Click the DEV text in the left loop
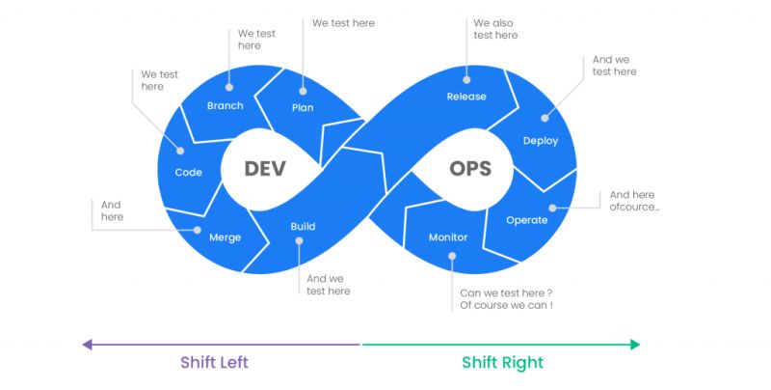(x=265, y=168)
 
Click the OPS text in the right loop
(x=470, y=168)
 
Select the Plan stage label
(x=303, y=107)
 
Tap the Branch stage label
(x=226, y=105)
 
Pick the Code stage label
(x=188, y=172)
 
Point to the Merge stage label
(x=226, y=237)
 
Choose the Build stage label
(x=303, y=227)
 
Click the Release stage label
(x=466, y=97)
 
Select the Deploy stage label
(x=541, y=141)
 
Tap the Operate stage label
(x=527, y=220)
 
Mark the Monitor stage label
(x=448, y=237)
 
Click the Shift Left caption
(x=214, y=363)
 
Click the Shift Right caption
(x=502, y=363)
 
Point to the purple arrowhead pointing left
(x=87, y=344)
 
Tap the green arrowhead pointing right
(x=634, y=344)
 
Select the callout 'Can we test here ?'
(x=506, y=293)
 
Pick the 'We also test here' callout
(x=495, y=29)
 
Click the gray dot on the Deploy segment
(x=545, y=118)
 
